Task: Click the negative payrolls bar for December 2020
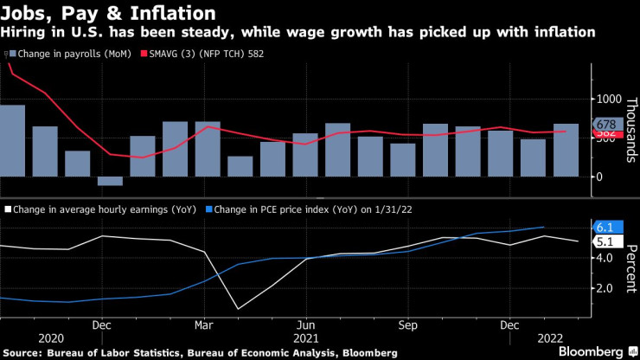pyautogui.click(x=110, y=181)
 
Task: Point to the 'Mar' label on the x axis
pyautogui.click(x=203, y=325)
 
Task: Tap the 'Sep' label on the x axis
pyautogui.click(x=407, y=325)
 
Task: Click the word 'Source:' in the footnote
pyautogui.click(x=24, y=353)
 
